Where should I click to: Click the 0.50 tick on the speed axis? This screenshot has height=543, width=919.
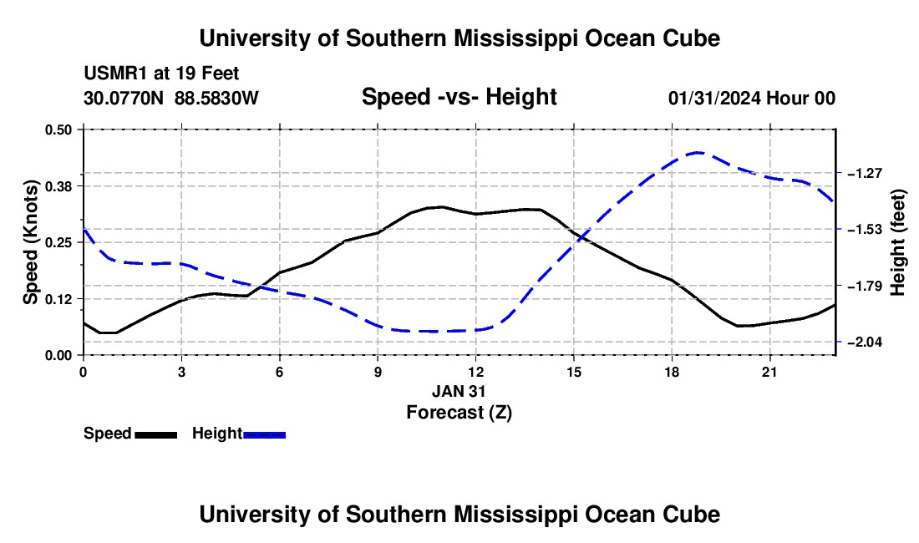(x=58, y=129)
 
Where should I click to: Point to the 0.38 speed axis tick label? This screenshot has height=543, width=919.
(x=58, y=186)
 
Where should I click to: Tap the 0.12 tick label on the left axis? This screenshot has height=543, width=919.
(x=58, y=299)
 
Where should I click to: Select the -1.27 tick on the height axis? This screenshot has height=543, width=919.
(x=865, y=173)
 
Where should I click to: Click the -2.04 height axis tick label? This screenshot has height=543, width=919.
(x=865, y=342)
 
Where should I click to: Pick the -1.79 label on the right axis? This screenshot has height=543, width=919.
(x=865, y=286)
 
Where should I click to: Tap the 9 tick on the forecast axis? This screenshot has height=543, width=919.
(x=378, y=372)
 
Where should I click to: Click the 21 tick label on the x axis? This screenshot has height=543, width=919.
(x=769, y=372)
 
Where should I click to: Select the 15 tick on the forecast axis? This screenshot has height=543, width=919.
(x=574, y=372)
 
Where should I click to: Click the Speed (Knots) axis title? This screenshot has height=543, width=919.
(x=31, y=242)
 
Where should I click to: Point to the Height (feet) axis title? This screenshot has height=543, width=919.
(x=898, y=242)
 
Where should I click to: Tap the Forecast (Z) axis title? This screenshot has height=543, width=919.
(x=459, y=413)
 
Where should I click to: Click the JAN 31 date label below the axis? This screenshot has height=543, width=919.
(x=459, y=391)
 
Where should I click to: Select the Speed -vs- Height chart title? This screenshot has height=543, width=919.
(x=459, y=97)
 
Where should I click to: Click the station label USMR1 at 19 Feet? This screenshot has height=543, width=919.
(x=162, y=74)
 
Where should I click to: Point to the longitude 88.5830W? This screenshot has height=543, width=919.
(x=216, y=98)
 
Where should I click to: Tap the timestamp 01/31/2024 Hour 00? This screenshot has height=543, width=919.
(x=752, y=98)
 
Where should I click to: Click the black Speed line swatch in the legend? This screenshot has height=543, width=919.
(x=156, y=435)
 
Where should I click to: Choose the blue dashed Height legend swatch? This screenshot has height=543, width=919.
(x=264, y=435)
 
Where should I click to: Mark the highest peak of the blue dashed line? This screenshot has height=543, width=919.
(x=697, y=152)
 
